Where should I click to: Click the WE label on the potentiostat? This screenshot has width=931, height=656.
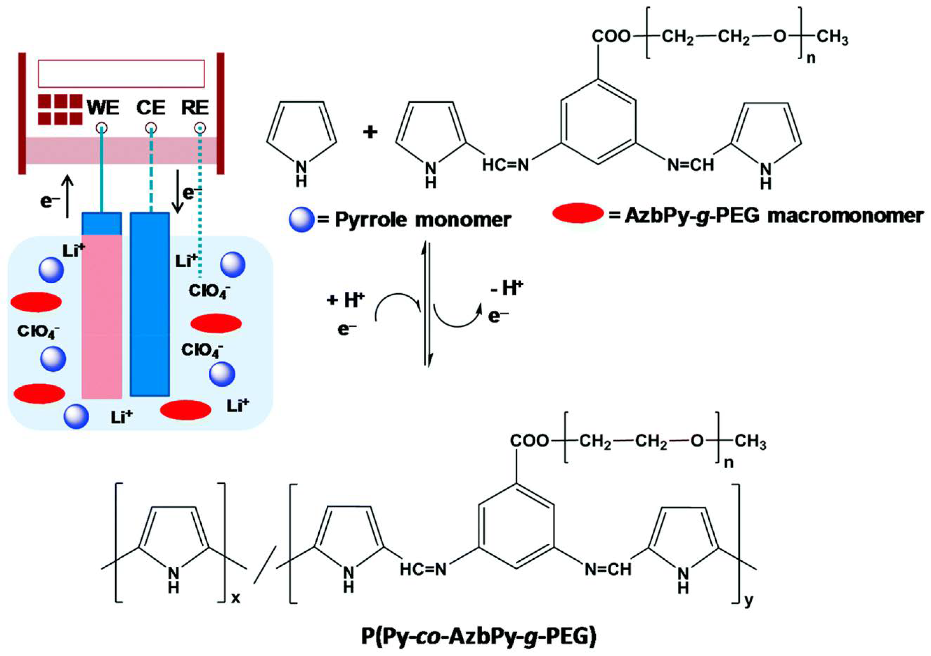click(x=103, y=108)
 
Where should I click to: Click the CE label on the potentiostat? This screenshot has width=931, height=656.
click(x=151, y=108)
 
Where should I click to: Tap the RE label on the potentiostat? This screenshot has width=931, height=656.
click(x=195, y=108)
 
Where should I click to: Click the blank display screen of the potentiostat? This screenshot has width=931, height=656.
click(x=121, y=74)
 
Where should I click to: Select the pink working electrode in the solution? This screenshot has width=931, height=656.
click(x=102, y=316)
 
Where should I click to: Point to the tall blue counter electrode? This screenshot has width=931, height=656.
click(x=150, y=304)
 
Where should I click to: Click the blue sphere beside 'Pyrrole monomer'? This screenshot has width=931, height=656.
click(x=301, y=220)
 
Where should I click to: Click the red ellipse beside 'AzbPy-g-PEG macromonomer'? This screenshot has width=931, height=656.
click(x=578, y=213)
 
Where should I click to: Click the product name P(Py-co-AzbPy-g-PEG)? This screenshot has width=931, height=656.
click(x=479, y=637)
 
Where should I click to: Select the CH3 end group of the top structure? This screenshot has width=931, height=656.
click(x=832, y=38)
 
